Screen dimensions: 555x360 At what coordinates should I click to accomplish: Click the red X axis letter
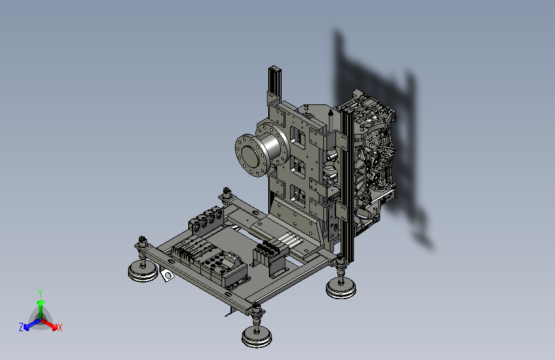(x=60, y=327)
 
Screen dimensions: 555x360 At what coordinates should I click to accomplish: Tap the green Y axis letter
(x=40, y=293)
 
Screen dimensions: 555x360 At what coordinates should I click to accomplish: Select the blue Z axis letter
(x=21, y=327)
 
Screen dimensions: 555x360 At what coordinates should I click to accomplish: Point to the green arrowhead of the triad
(x=41, y=302)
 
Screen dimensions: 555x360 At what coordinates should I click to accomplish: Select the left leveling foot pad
(x=143, y=271)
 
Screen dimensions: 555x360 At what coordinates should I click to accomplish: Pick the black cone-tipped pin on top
(x=330, y=118)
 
